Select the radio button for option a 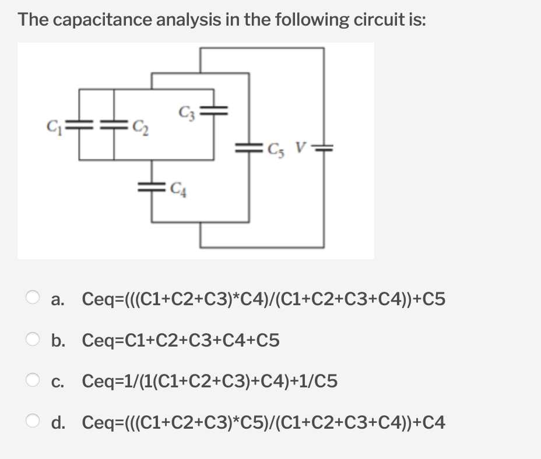tap(33, 299)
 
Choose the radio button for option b tap(33, 340)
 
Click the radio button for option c tap(33, 382)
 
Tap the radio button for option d tap(33, 422)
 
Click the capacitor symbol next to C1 tap(80, 123)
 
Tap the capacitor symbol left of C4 tap(153, 187)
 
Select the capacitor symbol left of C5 tap(250, 147)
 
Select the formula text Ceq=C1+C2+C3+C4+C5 tap(181, 340)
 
